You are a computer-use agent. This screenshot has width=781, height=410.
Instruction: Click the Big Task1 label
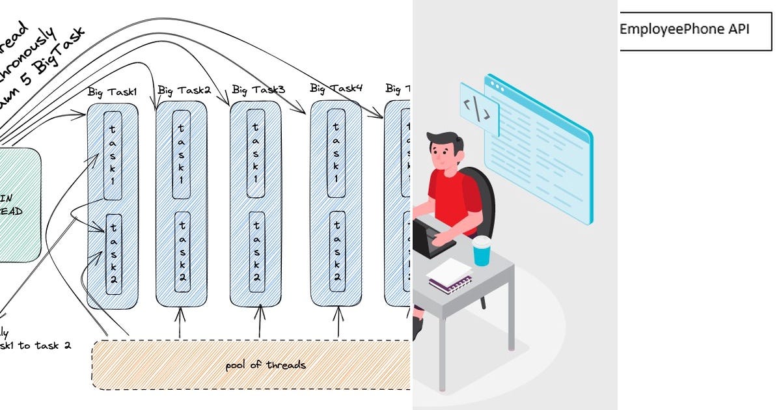click(112, 92)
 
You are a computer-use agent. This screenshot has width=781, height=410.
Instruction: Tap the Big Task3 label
click(258, 89)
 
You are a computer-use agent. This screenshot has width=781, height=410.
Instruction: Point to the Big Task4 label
click(336, 88)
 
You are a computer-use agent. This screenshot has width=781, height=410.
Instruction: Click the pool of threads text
click(266, 364)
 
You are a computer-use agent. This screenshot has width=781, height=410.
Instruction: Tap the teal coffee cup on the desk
click(481, 251)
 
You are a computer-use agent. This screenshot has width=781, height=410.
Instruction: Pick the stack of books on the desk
click(450, 277)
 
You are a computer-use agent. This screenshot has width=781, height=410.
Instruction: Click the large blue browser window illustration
click(540, 146)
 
